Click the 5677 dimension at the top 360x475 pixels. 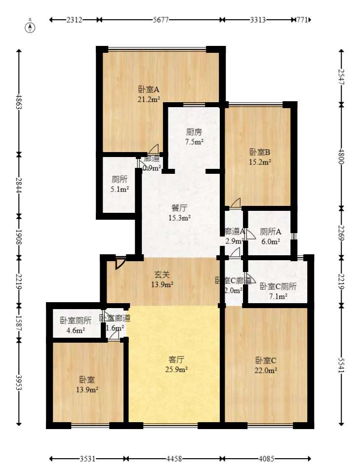coord(159,20)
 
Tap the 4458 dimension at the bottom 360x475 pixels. coord(173,459)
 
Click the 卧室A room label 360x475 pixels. coord(148,89)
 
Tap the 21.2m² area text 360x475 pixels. coord(148,99)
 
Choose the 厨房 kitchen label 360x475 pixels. coord(194,132)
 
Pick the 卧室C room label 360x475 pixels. coord(266,360)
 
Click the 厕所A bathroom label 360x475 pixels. coord(271,232)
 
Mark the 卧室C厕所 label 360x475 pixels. coord(278,286)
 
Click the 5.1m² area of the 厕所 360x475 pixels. coord(119,189)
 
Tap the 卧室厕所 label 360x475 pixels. coord(76,320)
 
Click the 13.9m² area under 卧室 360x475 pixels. coord(87,390)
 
